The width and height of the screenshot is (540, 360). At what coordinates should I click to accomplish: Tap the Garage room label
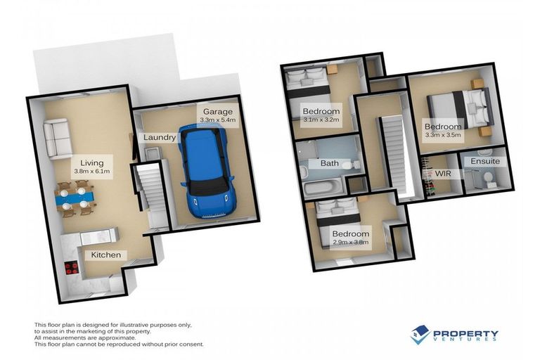218,112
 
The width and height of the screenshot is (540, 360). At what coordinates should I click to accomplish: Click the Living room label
91,161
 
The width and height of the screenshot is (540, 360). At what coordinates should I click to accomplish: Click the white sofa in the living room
57,139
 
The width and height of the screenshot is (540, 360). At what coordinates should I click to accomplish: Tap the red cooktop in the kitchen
71,267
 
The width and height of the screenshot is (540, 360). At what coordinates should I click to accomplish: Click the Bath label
330,163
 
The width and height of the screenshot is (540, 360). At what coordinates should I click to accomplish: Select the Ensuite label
486,161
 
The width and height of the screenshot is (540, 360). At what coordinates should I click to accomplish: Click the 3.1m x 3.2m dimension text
321,120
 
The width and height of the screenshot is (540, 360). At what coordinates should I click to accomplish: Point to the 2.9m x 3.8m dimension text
350,243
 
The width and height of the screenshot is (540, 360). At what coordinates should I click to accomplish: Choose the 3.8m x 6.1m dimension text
91,171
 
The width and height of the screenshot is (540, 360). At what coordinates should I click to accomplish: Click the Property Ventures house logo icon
420,335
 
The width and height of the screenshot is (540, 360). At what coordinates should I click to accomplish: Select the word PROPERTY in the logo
465,334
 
